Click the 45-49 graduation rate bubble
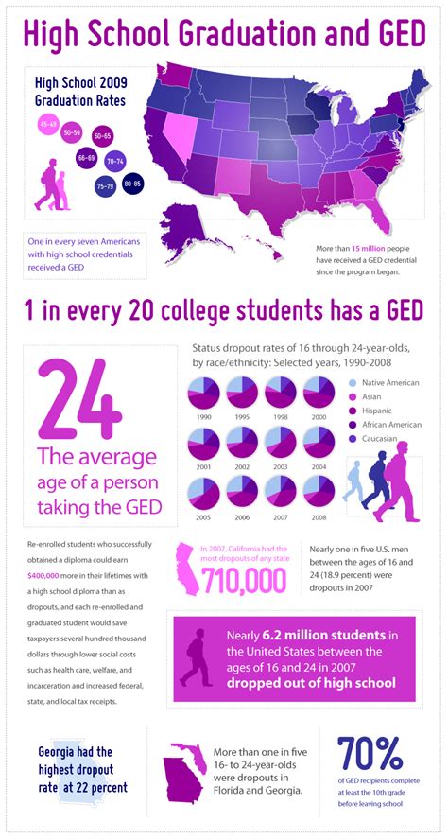(x=48, y=125)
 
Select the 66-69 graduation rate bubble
(x=86, y=157)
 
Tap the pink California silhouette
(x=188, y=570)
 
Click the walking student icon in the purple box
(x=198, y=656)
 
